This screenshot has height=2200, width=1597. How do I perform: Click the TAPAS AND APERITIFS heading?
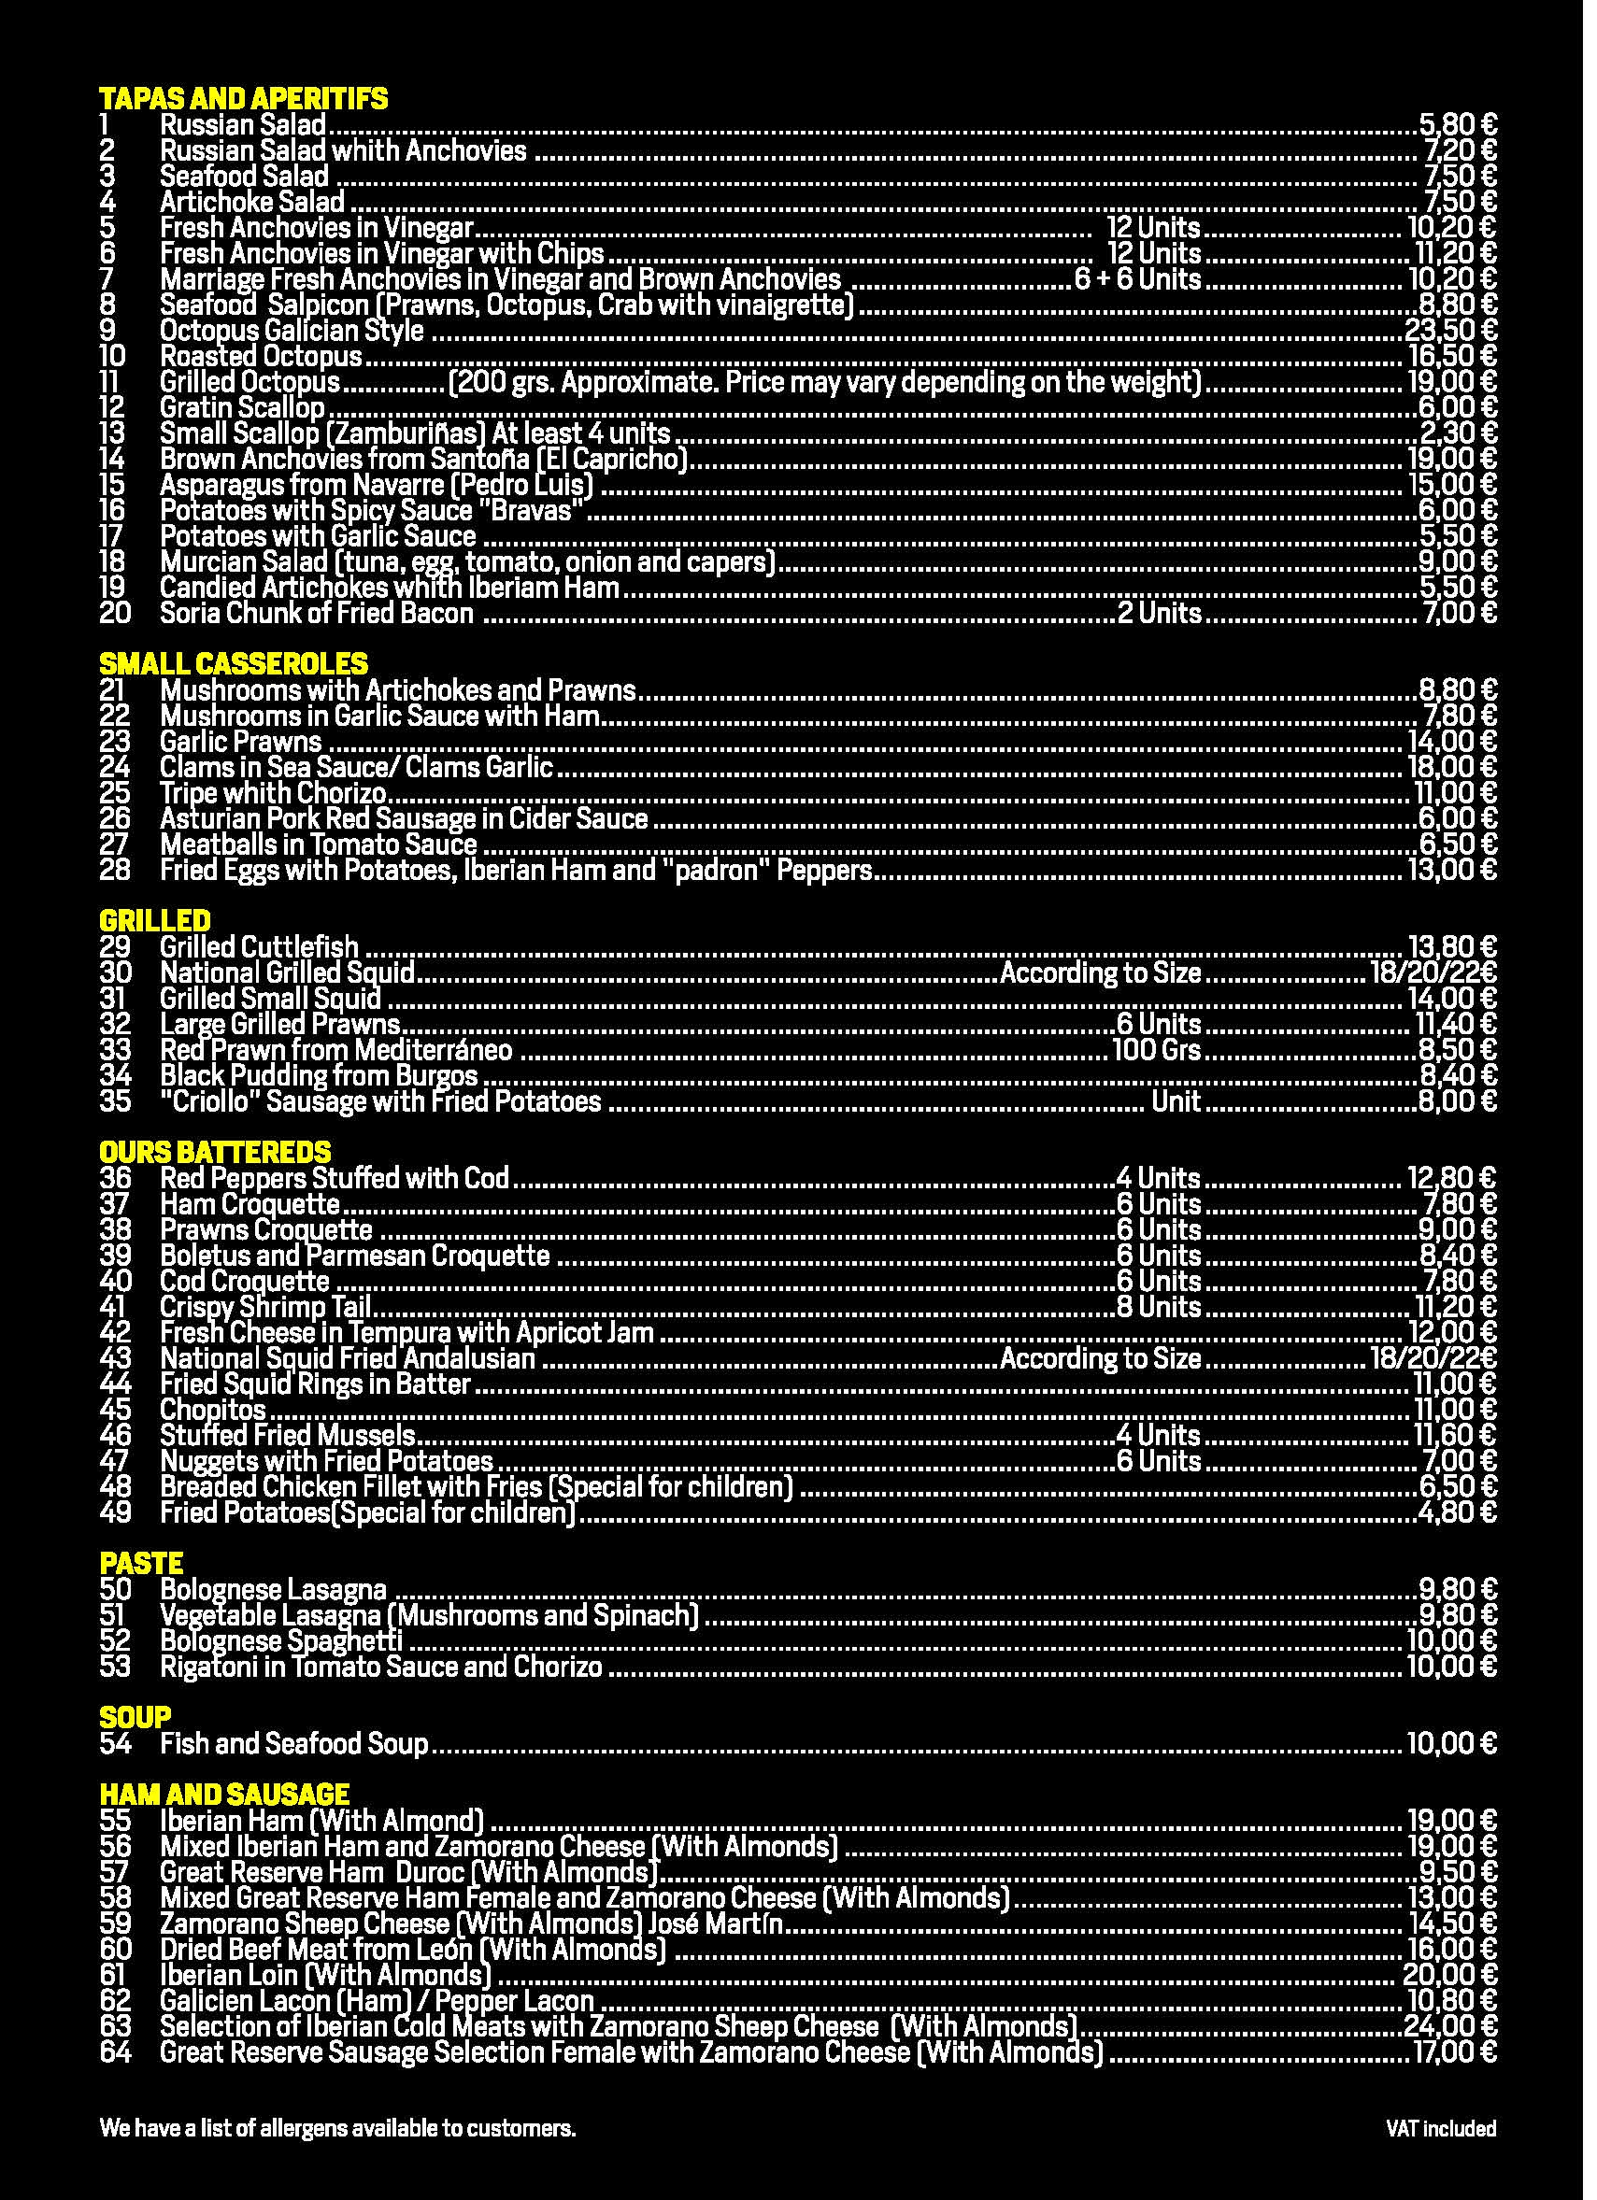point(244,99)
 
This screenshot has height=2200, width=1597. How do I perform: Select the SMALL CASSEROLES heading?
point(234,664)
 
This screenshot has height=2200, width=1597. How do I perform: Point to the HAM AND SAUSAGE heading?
point(224,1795)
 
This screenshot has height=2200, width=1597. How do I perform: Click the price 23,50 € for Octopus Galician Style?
point(1450,331)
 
